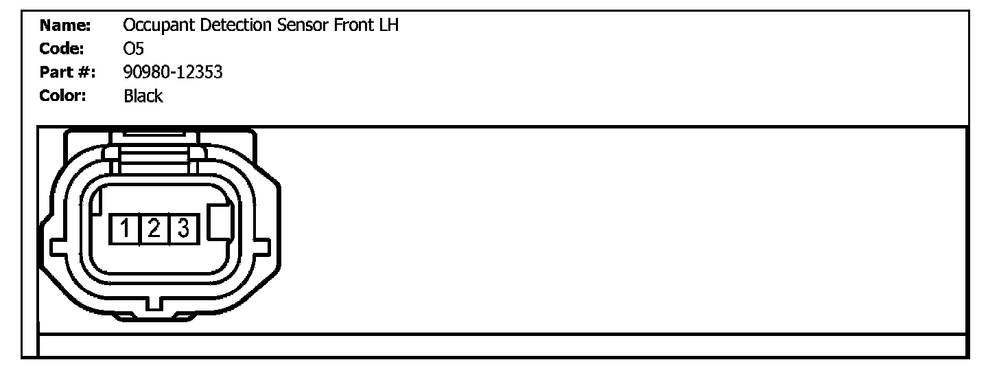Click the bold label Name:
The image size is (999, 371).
(66, 27)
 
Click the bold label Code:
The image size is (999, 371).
(64, 49)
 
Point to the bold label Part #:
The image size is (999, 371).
(68, 72)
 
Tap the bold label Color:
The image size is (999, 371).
(63, 95)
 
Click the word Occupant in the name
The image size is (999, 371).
(154, 27)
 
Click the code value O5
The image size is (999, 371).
(133, 49)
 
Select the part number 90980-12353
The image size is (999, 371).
(173, 72)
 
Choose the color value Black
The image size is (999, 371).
(143, 95)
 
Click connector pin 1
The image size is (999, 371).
(125, 227)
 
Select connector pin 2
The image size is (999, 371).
(154, 227)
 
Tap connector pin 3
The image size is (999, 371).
(183, 227)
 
